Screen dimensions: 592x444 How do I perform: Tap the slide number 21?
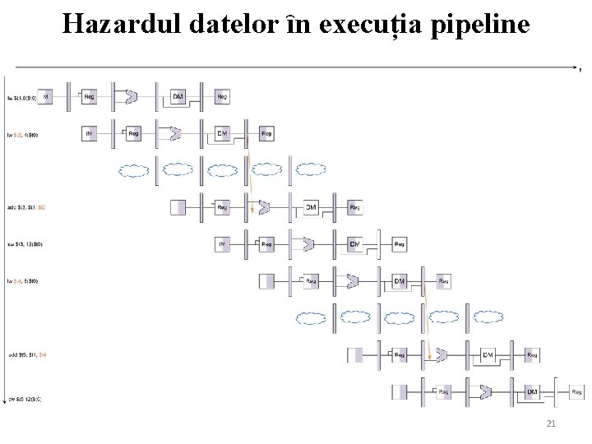pyautogui.click(x=551, y=423)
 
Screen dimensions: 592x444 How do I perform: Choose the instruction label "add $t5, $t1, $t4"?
pyautogui.click(x=26, y=355)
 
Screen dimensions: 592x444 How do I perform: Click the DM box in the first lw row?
pyautogui.click(x=178, y=97)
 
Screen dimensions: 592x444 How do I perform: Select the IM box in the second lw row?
pyautogui.click(x=90, y=133)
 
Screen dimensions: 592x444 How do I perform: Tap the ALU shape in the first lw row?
pyautogui.click(x=131, y=97)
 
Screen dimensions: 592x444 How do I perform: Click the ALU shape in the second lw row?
pyautogui.click(x=175, y=133)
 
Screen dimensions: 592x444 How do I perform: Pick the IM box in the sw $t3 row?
pyautogui.click(x=222, y=244)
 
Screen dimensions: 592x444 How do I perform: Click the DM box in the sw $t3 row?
pyautogui.click(x=354, y=244)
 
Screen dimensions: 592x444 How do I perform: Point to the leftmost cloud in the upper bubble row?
pyautogui.click(x=133, y=170)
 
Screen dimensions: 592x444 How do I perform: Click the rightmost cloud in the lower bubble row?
pyautogui.click(x=488, y=317)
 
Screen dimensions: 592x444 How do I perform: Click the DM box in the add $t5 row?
pyautogui.click(x=488, y=355)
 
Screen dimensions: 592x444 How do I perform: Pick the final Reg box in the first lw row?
pyautogui.click(x=222, y=97)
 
